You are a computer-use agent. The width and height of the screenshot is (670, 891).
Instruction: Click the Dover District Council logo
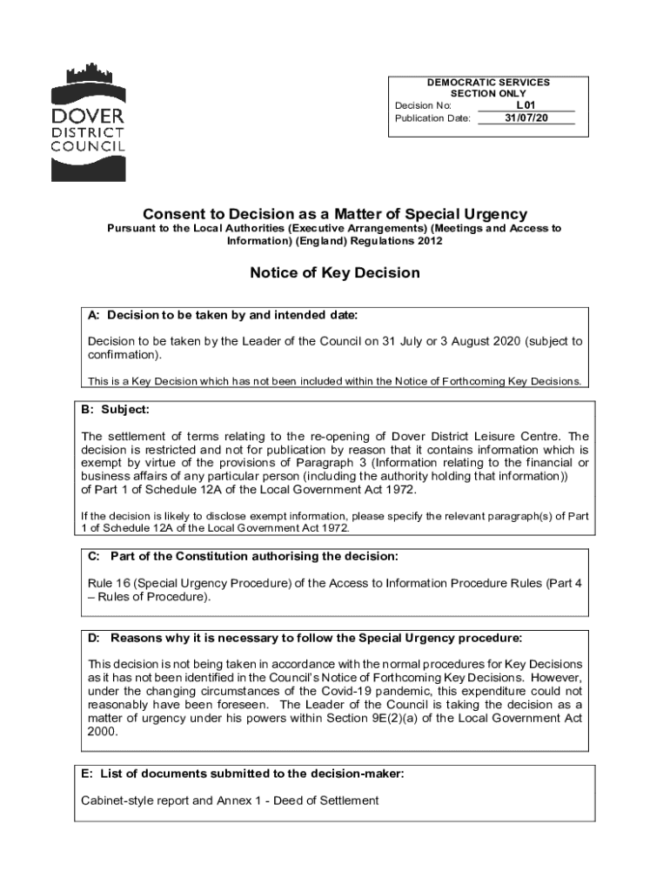tap(88, 122)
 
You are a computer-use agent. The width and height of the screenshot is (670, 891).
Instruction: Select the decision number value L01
tap(526, 105)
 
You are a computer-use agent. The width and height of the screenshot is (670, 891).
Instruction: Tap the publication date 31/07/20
tap(526, 118)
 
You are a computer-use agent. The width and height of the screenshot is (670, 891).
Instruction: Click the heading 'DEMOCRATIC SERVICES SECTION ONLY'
tap(487, 88)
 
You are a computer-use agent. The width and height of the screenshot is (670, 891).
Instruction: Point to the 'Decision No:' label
tap(423, 105)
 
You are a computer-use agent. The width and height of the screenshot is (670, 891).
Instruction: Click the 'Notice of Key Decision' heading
tap(335, 273)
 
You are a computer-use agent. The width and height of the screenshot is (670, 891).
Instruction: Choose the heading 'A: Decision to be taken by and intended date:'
tap(223, 314)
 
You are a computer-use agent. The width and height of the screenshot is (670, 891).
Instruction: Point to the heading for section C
tap(244, 556)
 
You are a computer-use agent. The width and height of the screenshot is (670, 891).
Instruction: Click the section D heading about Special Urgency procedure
tap(305, 638)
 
